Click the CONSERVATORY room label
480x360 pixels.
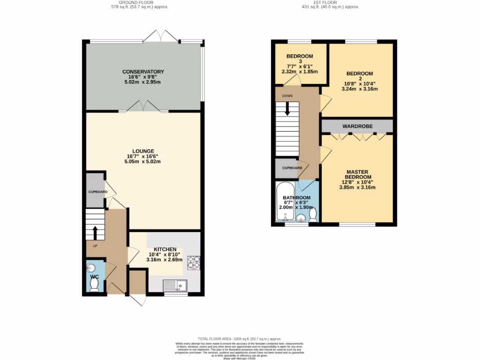tap(143, 72)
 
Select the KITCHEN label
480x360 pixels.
tap(165, 249)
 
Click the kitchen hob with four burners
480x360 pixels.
tap(194, 262)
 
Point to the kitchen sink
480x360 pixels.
tap(175, 284)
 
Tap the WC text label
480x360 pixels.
tap(94, 277)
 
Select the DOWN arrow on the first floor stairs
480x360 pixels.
tap(287, 109)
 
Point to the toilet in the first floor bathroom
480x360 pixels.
tap(313, 214)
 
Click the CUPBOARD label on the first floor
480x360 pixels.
tap(292, 168)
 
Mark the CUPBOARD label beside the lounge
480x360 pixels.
tap(98, 192)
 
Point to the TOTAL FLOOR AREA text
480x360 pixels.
tap(239, 338)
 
